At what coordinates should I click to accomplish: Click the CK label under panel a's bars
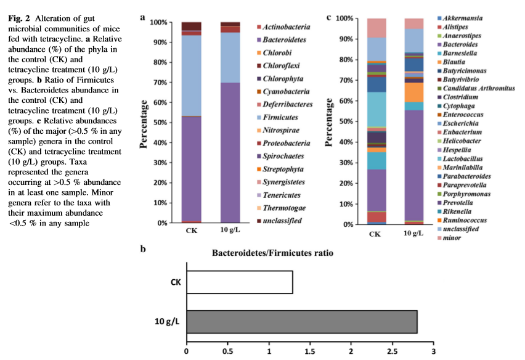click(191, 231)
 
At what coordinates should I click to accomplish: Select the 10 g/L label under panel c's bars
click(413, 233)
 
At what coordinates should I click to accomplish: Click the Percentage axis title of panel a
click(144, 123)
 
